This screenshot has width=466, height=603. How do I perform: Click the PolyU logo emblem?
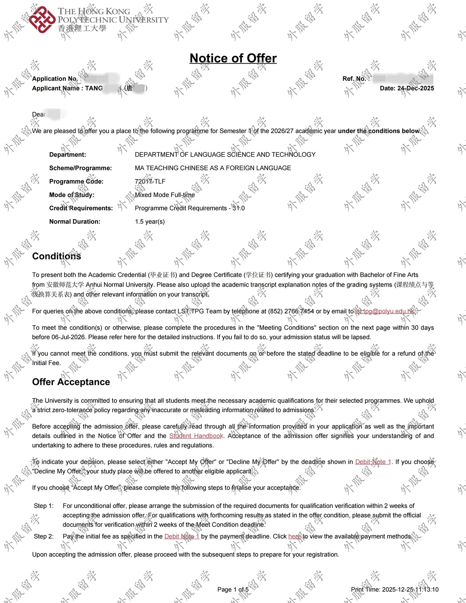(x=42, y=19)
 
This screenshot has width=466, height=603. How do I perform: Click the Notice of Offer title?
(x=233, y=58)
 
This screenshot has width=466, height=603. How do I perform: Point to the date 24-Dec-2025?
(x=416, y=88)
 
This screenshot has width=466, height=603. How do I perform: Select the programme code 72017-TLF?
(x=150, y=181)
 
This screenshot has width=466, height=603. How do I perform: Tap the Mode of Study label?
(x=72, y=195)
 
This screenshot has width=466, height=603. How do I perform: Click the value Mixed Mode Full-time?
(x=165, y=195)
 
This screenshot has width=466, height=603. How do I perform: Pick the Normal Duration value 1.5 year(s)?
(x=150, y=222)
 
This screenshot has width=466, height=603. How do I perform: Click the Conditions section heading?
(x=57, y=256)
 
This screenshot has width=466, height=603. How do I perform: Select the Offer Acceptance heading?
(x=71, y=382)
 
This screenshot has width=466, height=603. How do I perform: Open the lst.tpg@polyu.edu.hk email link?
(x=385, y=311)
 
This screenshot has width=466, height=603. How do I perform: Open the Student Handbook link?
(x=196, y=436)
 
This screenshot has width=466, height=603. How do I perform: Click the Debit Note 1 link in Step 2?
(x=182, y=537)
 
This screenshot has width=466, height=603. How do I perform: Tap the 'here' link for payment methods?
(x=294, y=537)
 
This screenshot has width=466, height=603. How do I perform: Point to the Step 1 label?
(x=43, y=506)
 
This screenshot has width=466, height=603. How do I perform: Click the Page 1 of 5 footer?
(x=233, y=589)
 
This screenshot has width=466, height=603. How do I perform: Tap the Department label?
(x=68, y=155)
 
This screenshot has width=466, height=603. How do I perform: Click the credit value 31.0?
(x=238, y=208)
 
